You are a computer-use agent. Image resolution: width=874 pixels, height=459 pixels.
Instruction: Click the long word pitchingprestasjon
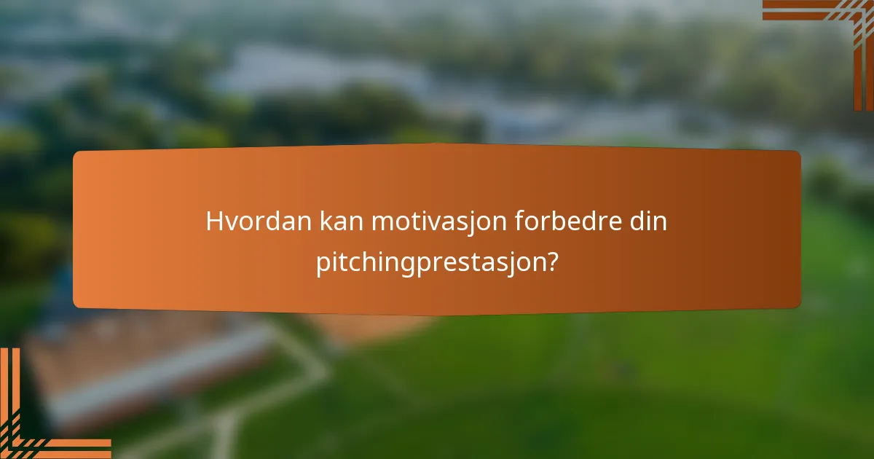(x=430, y=263)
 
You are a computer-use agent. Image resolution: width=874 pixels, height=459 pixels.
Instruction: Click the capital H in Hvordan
(x=214, y=221)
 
